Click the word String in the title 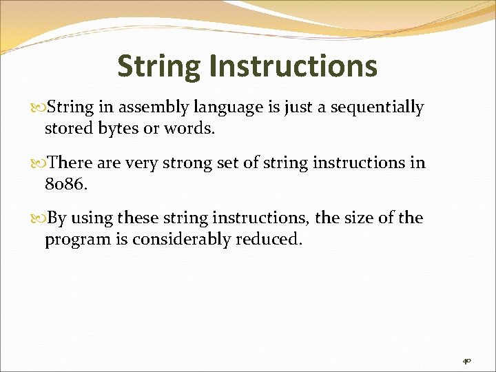(158, 67)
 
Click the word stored (67, 128)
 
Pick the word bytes (118, 128)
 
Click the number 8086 (64, 184)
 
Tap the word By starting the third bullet (57, 218)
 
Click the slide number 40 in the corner (466, 360)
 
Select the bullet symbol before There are (39, 164)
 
